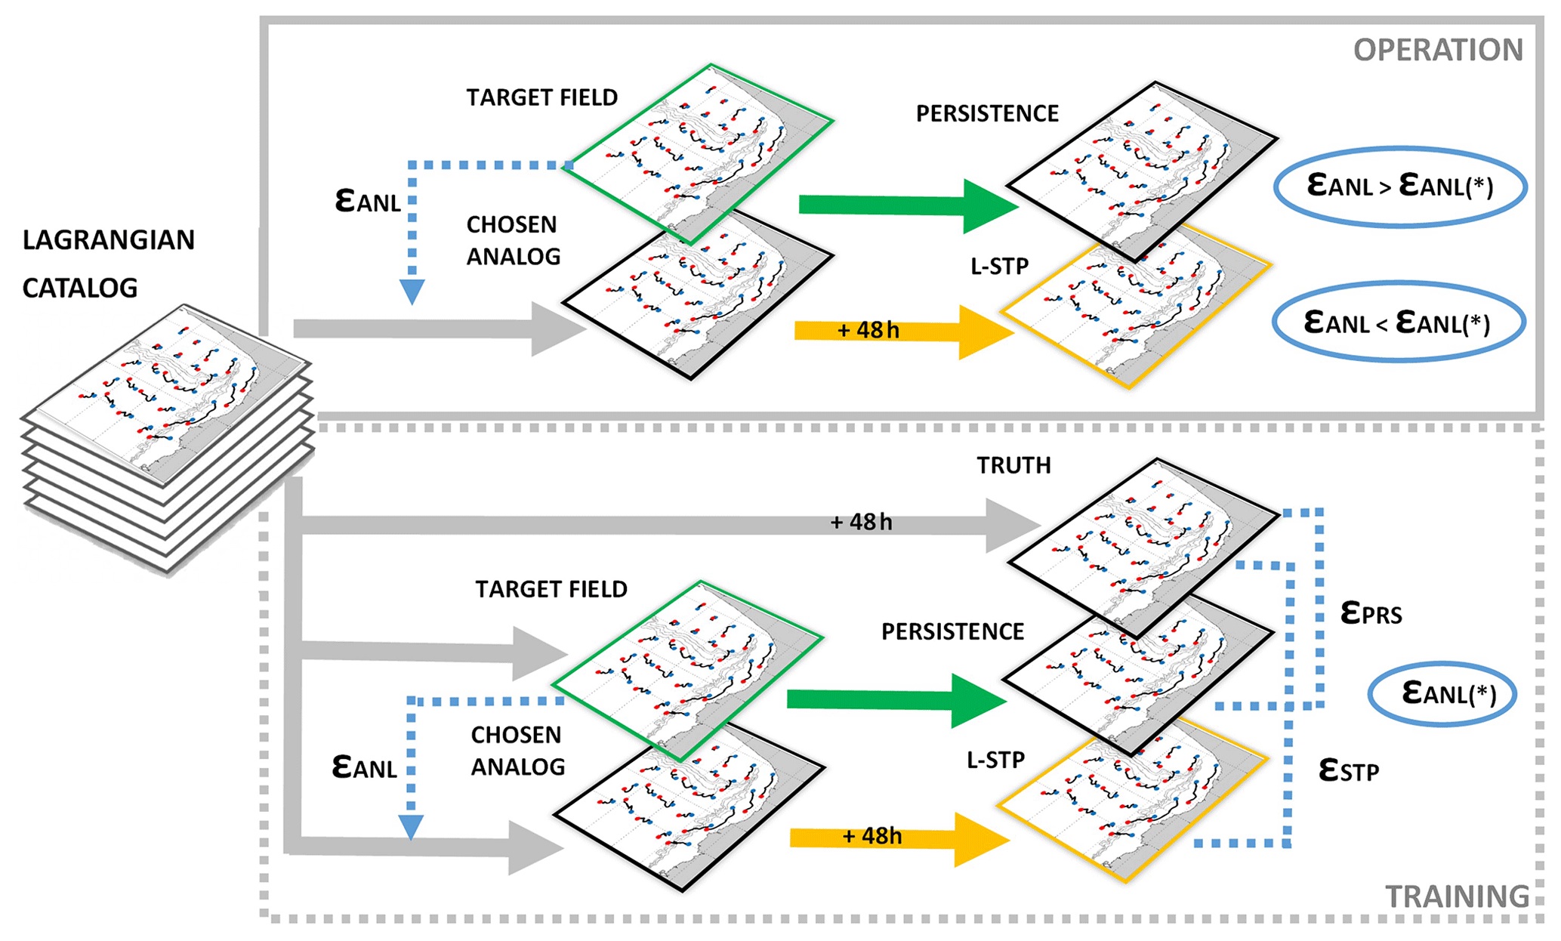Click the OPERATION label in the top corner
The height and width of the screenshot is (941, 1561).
(1437, 51)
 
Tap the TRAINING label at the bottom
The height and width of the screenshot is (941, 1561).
(1457, 896)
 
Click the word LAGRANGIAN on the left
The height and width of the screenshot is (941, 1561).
(109, 240)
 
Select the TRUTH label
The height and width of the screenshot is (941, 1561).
(1013, 465)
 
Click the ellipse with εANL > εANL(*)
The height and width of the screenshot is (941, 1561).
(1400, 187)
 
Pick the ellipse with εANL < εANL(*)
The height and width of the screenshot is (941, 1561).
(1398, 323)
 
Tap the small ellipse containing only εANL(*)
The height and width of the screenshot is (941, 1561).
(1442, 694)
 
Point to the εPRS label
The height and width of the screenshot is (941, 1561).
(1371, 613)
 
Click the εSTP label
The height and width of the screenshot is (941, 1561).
(1349, 770)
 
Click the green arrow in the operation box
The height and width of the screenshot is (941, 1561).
(906, 205)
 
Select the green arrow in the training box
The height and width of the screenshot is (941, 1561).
(895, 700)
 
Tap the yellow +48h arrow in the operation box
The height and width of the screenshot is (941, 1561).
(902, 332)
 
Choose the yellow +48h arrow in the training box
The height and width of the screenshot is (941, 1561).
(899, 838)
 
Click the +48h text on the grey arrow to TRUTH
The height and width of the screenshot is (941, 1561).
(861, 522)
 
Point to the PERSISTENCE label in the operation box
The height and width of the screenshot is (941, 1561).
(987, 114)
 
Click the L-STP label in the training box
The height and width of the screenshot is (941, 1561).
(995, 761)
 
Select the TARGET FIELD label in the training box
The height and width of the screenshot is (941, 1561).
(551, 590)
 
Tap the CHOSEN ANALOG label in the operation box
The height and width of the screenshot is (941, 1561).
(513, 241)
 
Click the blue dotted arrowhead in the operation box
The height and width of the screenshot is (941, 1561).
(412, 292)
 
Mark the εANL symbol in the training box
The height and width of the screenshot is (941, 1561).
(364, 767)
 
